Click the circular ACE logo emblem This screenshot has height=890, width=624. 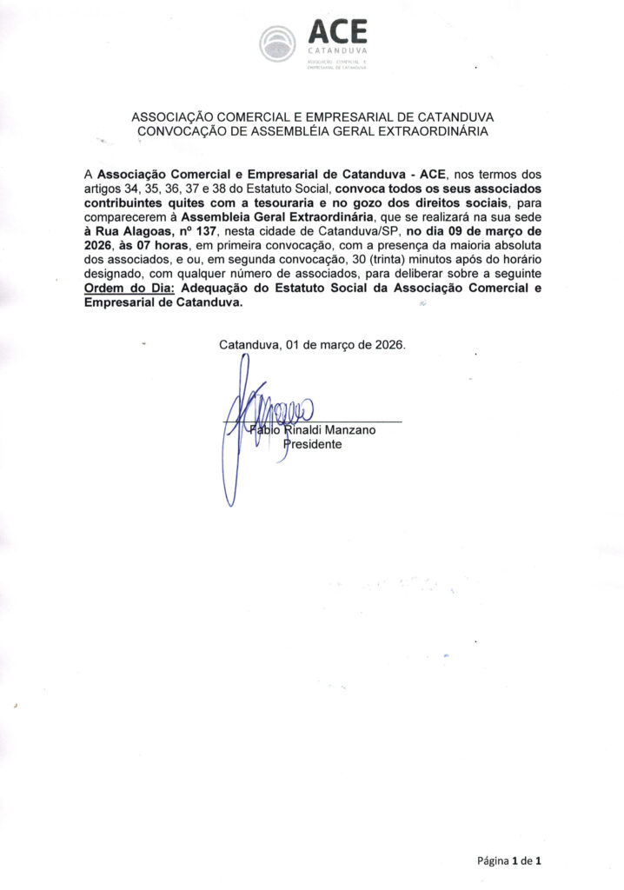(x=279, y=43)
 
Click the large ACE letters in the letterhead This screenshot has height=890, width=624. (x=338, y=32)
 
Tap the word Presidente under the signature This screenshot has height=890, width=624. (x=314, y=444)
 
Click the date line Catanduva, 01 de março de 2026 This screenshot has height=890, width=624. (x=312, y=344)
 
